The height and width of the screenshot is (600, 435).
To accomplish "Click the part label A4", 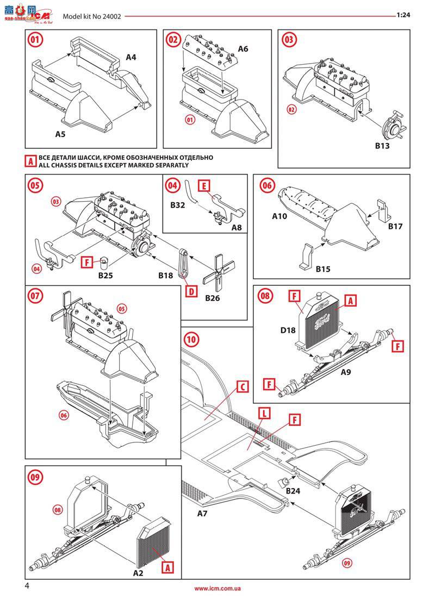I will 131,57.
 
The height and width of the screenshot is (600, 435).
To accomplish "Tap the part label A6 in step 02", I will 243,49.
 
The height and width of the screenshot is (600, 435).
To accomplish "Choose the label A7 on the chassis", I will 203,513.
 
